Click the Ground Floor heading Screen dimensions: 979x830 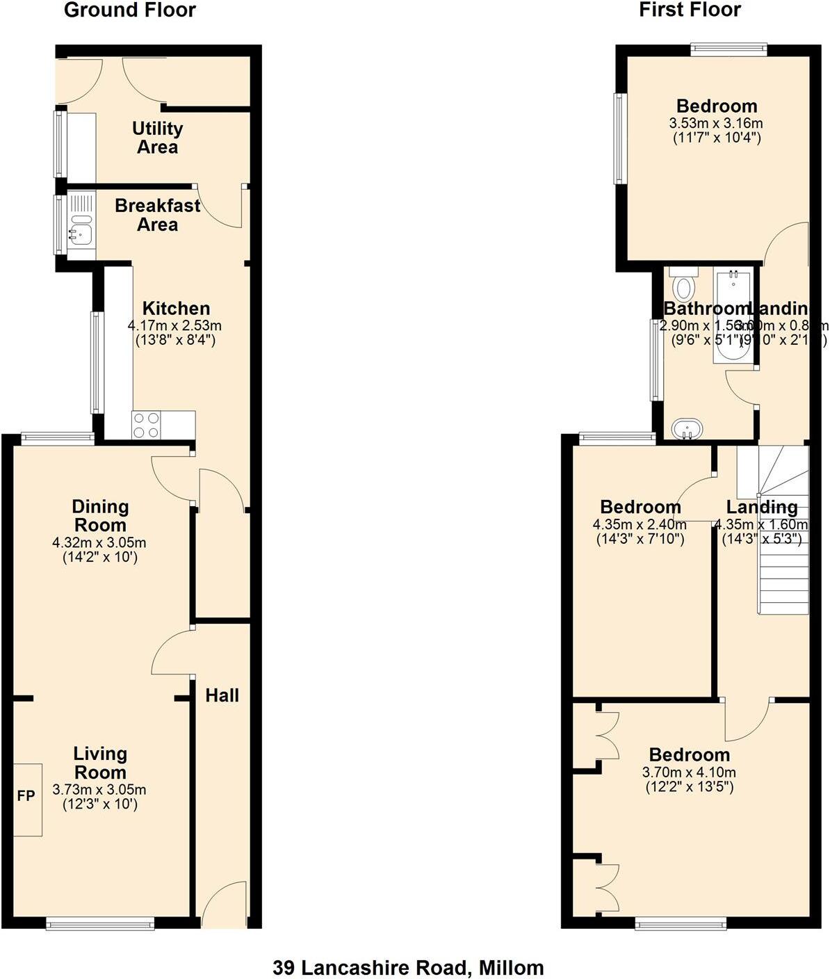(130, 10)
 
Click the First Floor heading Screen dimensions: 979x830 (690, 10)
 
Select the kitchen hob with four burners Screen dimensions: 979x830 (146, 425)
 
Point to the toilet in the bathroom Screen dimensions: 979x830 (684, 284)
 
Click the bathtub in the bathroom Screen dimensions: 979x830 (731, 316)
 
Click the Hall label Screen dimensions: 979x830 (222, 695)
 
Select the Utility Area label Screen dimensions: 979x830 (158, 138)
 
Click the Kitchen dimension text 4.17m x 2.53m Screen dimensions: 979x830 (174, 325)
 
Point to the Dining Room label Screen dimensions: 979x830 (100, 516)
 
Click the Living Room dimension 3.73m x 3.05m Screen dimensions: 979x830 (99, 790)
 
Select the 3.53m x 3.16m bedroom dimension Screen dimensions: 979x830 (716, 124)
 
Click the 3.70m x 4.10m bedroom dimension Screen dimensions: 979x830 (689, 772)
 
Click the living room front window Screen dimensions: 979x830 (100, 923)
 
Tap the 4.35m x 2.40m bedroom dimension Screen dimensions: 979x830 (640, 524)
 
